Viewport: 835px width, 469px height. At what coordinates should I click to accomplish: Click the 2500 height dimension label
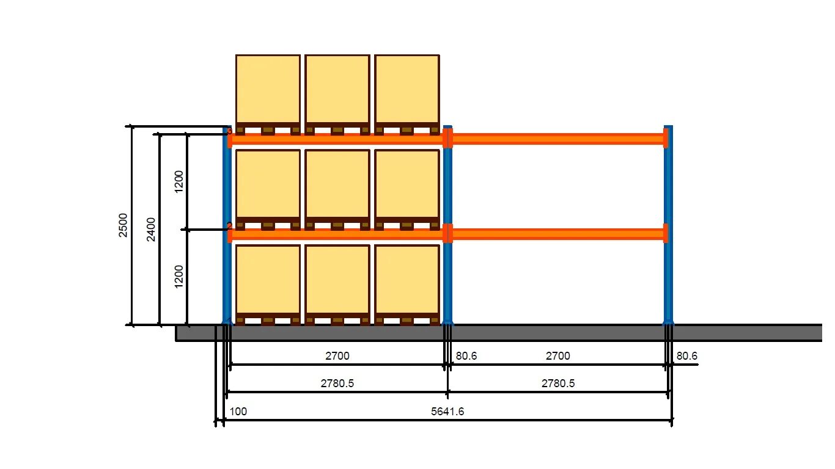(123, 225)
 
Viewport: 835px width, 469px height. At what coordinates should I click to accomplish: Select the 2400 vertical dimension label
(151, 229)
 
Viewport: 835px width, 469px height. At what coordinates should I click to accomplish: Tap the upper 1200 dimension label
(178, 181)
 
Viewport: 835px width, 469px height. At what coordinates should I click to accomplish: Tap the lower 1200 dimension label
(178, 277)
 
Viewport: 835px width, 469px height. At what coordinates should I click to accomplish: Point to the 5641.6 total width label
(447, 412)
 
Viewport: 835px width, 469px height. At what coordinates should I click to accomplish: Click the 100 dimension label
(238, 412)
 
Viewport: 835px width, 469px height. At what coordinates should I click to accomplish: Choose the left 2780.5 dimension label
(337, 384)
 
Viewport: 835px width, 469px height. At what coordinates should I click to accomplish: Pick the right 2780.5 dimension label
(557, 384)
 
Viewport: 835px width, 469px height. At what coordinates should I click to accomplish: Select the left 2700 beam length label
(337, 356)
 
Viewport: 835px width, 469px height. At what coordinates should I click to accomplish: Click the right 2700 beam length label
(557, 356)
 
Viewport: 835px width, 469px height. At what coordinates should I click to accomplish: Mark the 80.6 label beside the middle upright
(466, 356)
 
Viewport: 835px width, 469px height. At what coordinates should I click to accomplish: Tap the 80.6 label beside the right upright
(686, 356)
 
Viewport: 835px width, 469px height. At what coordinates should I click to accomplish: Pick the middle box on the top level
(337, 90)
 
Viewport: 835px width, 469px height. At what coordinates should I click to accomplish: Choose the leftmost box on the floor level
(268, 280)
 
